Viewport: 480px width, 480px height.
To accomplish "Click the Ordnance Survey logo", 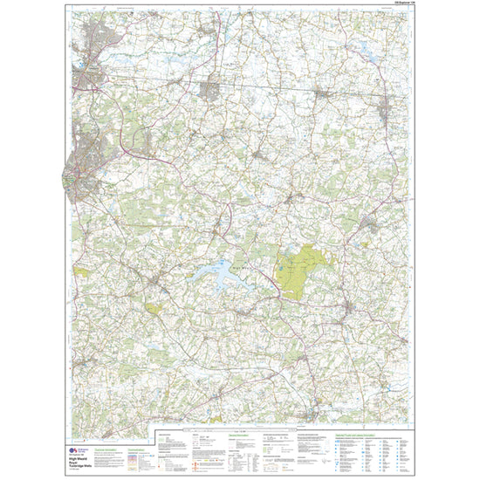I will click(x=72, y=449).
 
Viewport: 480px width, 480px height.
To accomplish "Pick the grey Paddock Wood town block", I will click(x=212, y=89).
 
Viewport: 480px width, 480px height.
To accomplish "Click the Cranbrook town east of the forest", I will click(x=367, y=223).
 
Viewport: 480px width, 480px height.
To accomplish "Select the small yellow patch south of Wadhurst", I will click(x=154, y=307).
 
